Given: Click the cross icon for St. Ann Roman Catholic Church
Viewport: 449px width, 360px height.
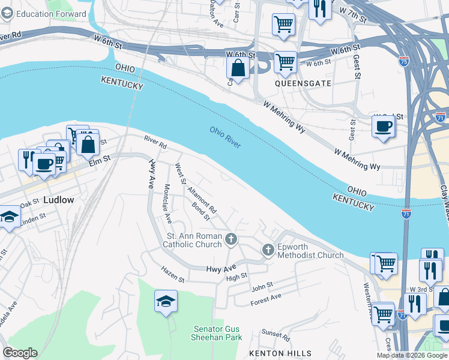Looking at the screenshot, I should [x=231, y=241].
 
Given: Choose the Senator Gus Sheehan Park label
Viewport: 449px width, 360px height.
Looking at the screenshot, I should [x=217, y=333].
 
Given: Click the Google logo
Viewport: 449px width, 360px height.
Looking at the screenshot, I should [x=20, y=353].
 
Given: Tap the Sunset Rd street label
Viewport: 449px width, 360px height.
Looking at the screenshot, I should [x=276, y=335].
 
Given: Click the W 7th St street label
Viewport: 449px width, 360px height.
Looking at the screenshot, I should [x=352, y=14].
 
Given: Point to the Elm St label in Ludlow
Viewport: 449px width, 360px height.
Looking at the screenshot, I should [x=100, y=160].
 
